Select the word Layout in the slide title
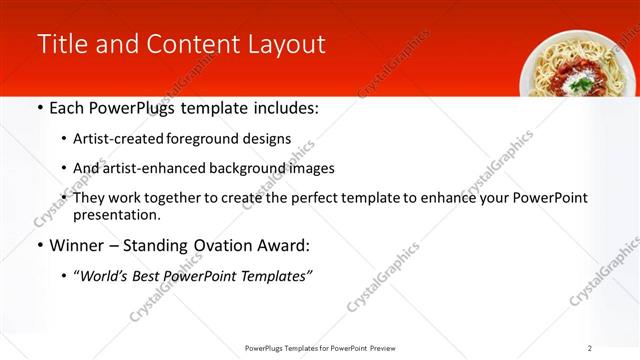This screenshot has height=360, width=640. pyautogui.click(x=286, y=44)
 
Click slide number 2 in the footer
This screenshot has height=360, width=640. pyautogui.click(x=590, y=347)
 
